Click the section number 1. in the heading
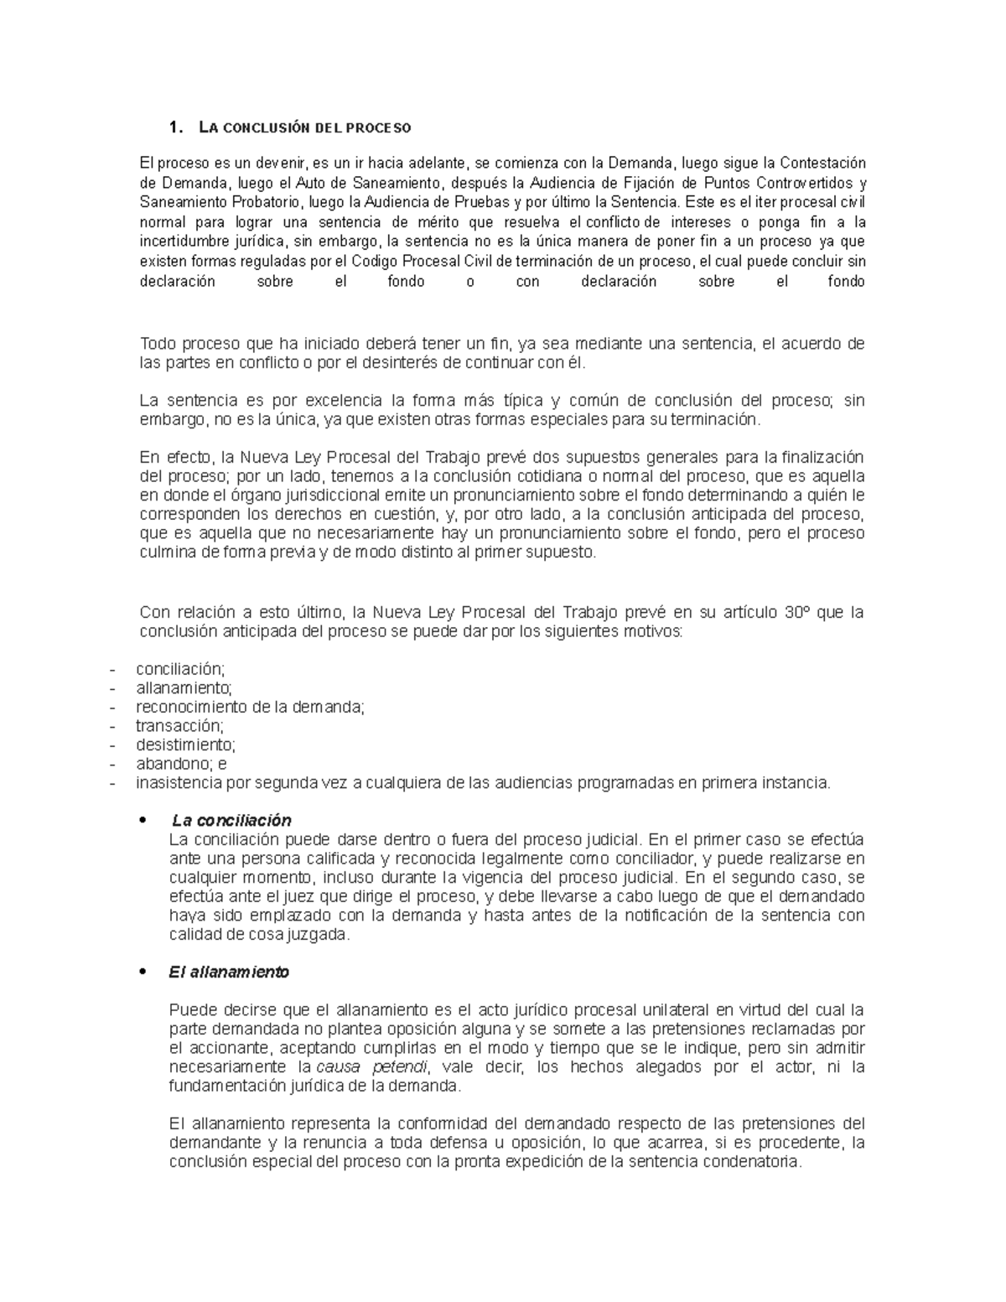(174, 128)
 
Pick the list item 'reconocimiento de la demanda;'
(251, 707)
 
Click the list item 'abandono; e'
(181, 764)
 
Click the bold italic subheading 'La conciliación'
(231, 820)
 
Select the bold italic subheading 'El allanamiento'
(229, 972)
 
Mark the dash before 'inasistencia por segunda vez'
(111, 783)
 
